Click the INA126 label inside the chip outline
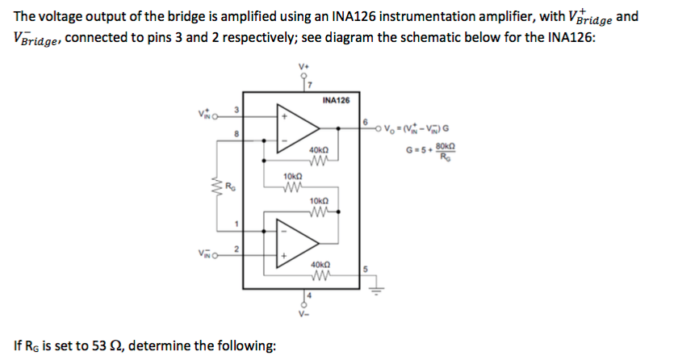[335, 101]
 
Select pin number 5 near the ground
[365, 270]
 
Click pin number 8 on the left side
[236, 135]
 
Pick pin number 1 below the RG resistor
[236, 224]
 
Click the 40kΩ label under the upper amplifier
[317, 150]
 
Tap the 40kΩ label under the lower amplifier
[317, 264]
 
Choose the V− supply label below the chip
[303, 317]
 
